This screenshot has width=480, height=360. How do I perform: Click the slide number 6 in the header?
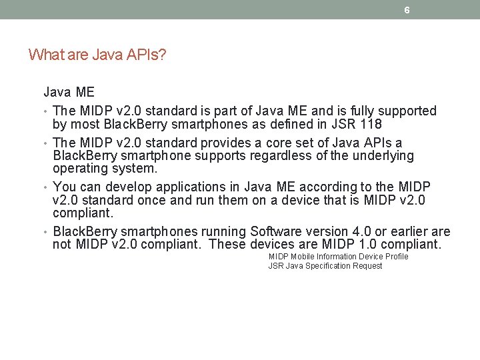coord(407,10)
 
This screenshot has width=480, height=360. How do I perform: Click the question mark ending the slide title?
coord(163,55)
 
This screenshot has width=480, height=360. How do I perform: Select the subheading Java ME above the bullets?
coord(69,92)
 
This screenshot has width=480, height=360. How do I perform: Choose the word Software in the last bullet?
coord(275,231)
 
